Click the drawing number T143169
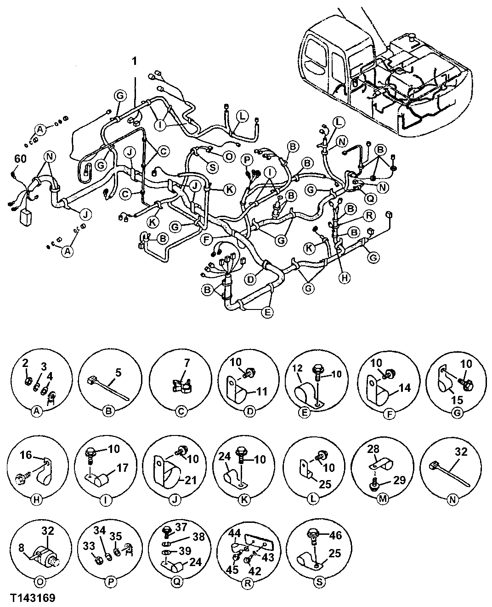tap(33, 598)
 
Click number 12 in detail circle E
tap(298, 369)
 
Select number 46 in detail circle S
tap(336, 535)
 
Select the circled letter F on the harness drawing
tap(207, 239)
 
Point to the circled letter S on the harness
tap(212, 167)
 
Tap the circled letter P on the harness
tap(248, 160)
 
